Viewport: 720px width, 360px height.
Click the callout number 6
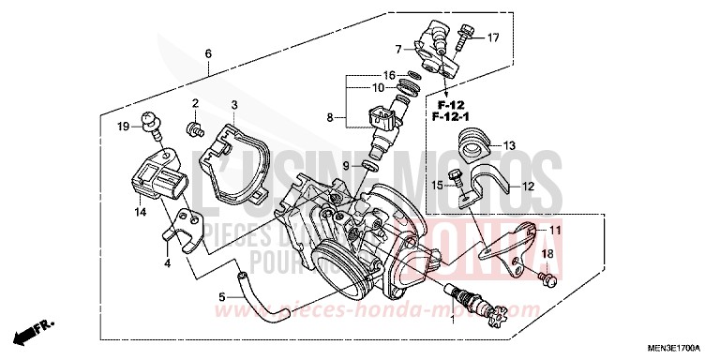tap(208, 52)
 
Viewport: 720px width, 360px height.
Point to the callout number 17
tap(492, 37)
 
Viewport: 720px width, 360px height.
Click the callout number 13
tap(509, 145)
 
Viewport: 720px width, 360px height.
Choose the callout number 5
tap(222, 297)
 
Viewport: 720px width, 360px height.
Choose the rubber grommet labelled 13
tap(473, 146)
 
